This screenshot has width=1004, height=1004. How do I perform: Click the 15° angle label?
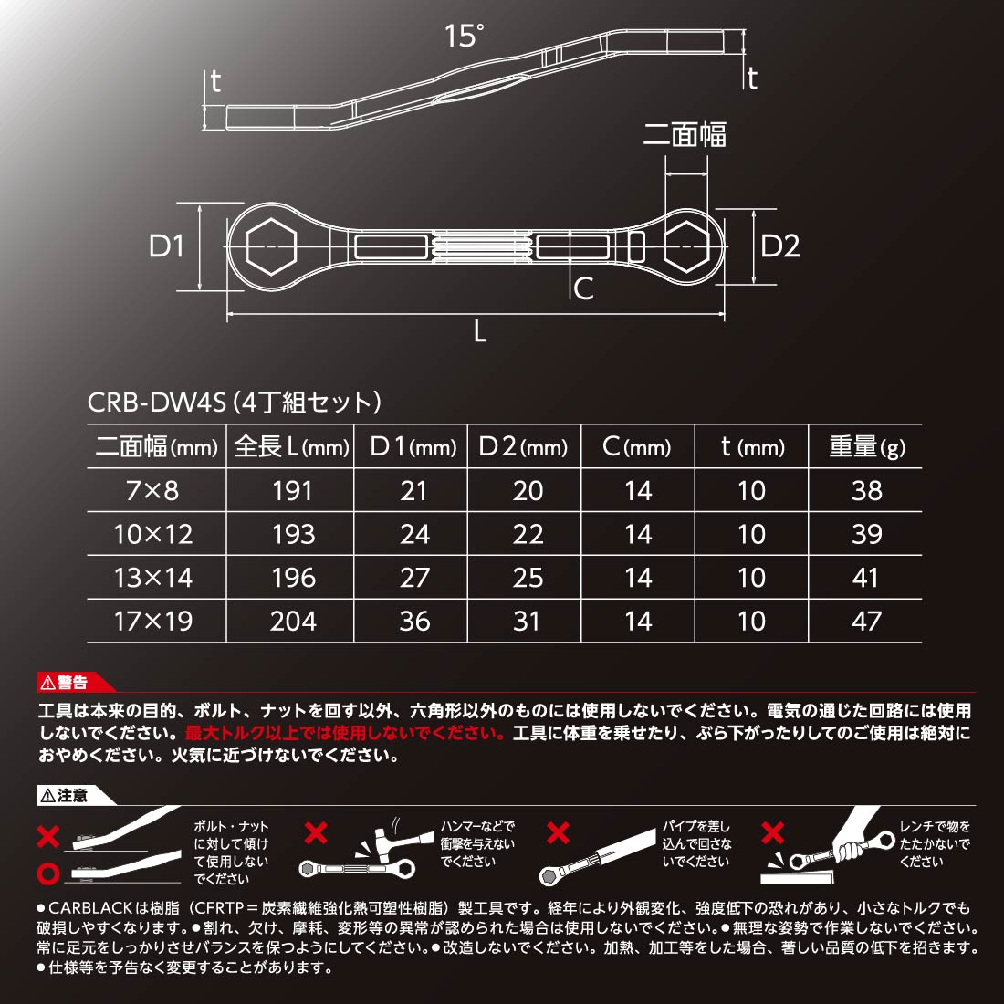point(465,36)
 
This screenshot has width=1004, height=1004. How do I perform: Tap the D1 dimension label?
point(166,246)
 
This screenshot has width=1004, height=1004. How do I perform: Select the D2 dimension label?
point(779,246)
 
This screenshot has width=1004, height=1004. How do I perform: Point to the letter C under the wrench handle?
point(583,288)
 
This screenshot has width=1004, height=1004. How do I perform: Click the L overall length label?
point(480,331)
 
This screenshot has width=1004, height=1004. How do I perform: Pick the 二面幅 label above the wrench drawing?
point(685,134)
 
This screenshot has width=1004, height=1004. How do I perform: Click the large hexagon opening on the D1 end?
point(271,246)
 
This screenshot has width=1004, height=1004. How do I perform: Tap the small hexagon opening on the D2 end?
point(686,246)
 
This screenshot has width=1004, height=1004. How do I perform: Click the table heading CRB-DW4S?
point(157,403)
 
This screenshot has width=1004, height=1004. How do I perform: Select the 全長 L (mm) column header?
point(291,446)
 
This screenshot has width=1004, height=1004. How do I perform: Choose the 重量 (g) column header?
point(867,446)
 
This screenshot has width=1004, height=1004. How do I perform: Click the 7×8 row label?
point(152,490)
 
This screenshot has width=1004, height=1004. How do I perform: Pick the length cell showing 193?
point(293,534)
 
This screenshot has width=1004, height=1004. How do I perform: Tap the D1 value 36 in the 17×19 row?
point(414,621)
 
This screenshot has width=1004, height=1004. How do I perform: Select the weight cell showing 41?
point(865,578)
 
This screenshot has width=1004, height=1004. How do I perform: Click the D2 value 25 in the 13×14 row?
point(528,578)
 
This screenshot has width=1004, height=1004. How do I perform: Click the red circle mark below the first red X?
point(48,873)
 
